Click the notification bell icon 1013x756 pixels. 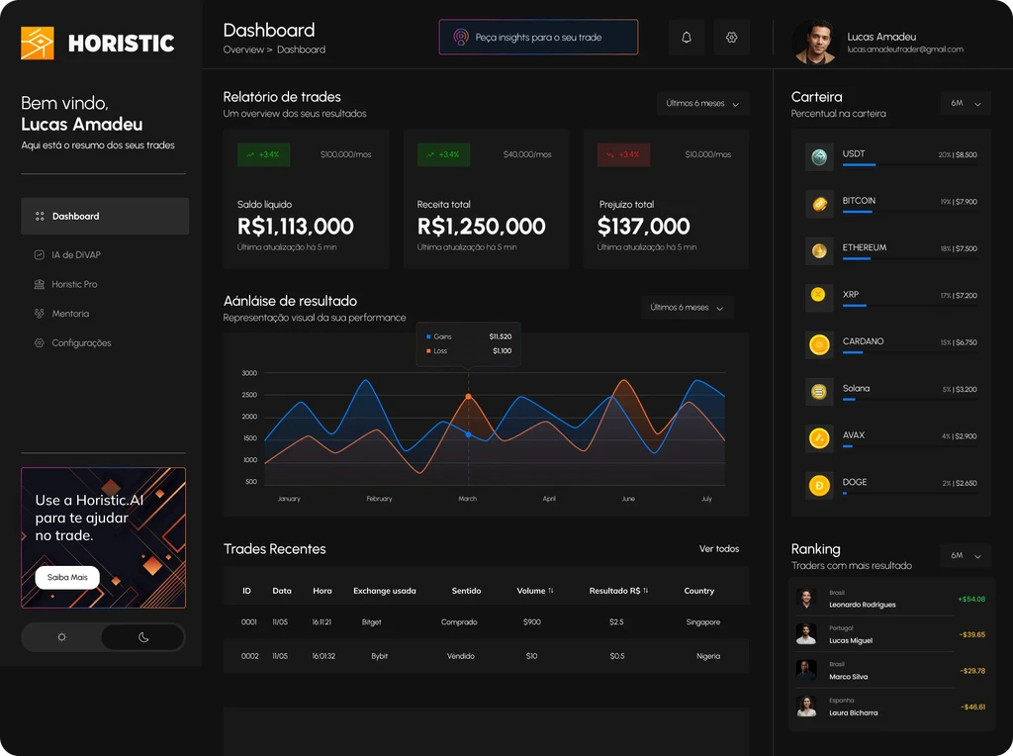[x=687, y=38]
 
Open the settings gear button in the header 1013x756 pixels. [x=732, y=38]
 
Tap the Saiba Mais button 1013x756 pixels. [x=67, y=577]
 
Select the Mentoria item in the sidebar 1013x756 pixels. [x=70, y=314]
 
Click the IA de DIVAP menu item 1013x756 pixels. [x=76, y=255]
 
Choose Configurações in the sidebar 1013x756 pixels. [x=81, y=343]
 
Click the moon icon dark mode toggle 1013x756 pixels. [x=143, y=637]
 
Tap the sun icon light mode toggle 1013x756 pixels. [x=61, y=637]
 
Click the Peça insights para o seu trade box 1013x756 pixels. [x=538, y=38]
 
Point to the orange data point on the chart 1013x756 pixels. [x=468, y=397]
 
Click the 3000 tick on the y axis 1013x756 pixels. [x=249, y=373]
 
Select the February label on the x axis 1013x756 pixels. [x=379, y=499]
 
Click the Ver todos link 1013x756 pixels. [x=719, y=549]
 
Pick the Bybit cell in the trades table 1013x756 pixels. [x=380, y=656]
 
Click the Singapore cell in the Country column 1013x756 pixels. [x=703, y=622]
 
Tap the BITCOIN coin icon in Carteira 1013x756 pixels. [x=819, y=204]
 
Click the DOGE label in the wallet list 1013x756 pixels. [x=855, y=482]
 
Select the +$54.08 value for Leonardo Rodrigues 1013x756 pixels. [x=971, y=599]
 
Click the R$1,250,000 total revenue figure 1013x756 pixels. [x=482, y=227]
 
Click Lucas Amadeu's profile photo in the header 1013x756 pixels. [x=815, y=44]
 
